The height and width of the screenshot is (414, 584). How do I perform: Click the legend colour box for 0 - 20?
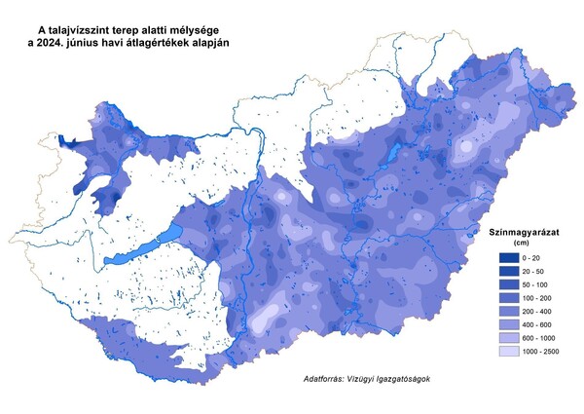click(507, 255)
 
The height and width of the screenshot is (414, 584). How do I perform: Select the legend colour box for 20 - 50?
click(507, 269)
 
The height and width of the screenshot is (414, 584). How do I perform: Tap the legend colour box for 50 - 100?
click(507, 282)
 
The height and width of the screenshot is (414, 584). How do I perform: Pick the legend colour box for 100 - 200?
click(507, 296)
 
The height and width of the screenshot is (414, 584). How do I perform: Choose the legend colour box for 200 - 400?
click(507, 310)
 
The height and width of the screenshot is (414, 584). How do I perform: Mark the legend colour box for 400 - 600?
click(507, 323)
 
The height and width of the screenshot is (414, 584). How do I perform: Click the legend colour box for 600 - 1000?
click(507, 337)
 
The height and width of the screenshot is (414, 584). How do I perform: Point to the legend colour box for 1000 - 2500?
click(507, 351)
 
